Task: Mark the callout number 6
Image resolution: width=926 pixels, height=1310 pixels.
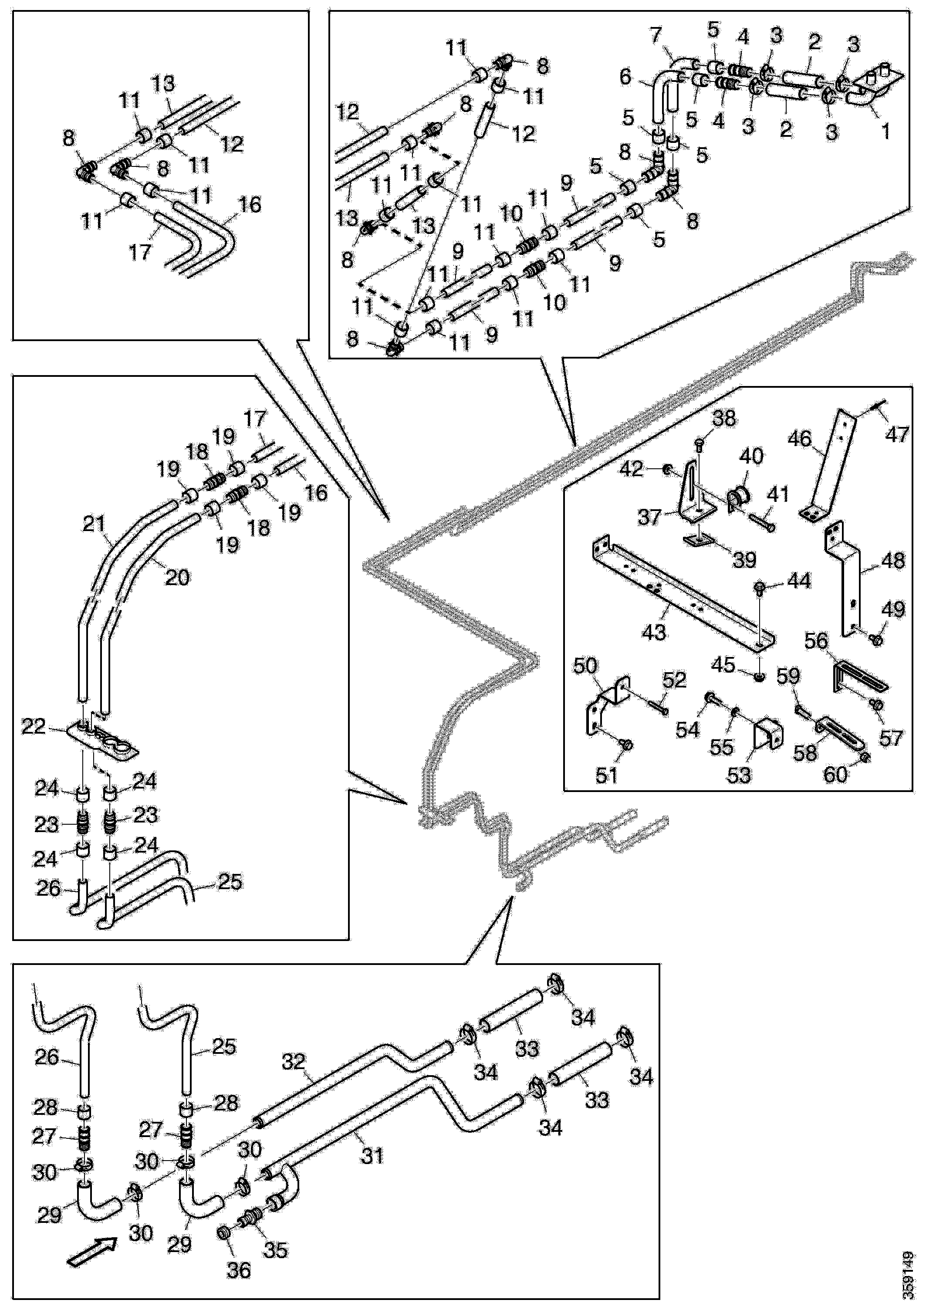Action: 625,76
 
